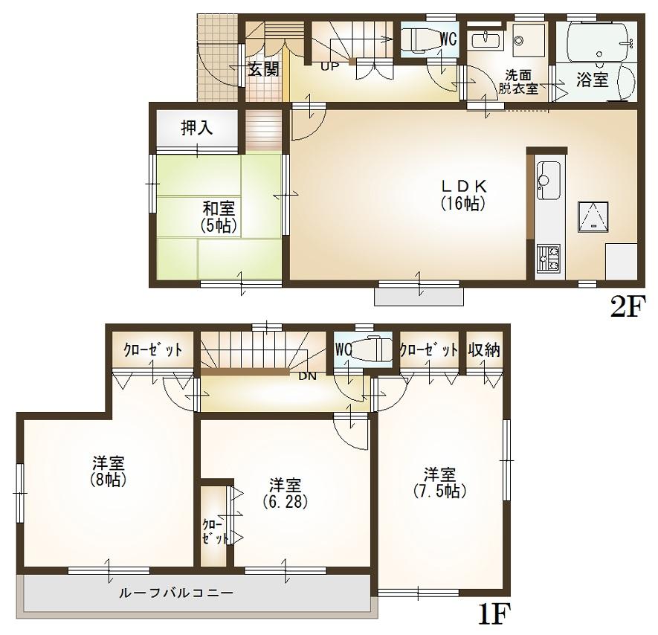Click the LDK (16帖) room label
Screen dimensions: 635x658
click(x=462, y=194)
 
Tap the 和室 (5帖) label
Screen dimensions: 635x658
click(x=218, y=216)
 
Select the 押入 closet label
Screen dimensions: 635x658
click(x=197, y=128)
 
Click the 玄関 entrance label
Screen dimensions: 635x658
click(x=263, y=70)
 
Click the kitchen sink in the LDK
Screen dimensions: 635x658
click(x=548, y=179)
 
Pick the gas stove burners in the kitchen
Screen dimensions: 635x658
click(x=548, y=258)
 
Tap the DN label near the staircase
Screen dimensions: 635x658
click(x=307, y=376)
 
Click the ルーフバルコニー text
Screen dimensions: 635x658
click(x=177, y=593)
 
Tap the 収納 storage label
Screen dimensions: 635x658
click(x=484, y=350)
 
